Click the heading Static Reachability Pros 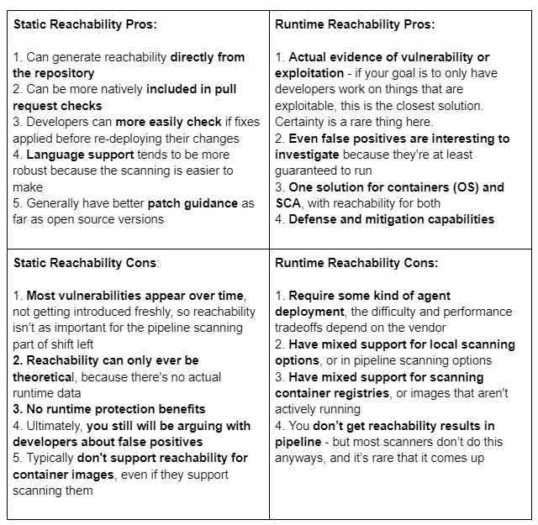pyautogui.click(x=85, y=24)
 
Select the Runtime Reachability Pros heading pyautogui.click(x=355, y=24)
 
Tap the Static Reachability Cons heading pyautogui.click(x=85, y=263)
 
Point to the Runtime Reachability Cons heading pyautogui.click(x=356, y=263)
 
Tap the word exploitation pyautogui.click(x=312, y=73)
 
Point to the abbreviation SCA pyautogui.click(x=289, y=203)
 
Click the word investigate pyautogui.click(x=310, y=155)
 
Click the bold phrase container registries pyautogui.click(x=332, y=393)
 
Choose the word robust pyautogui.click(x=33, y=171)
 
